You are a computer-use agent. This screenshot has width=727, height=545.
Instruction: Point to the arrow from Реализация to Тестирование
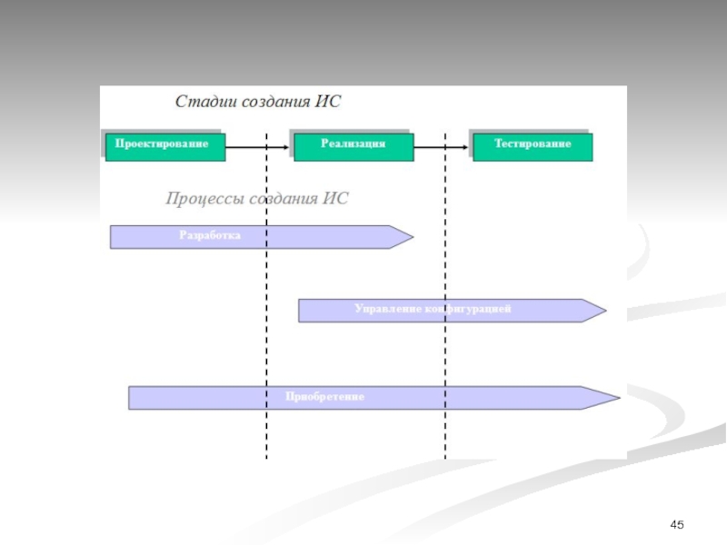pyautogui.click(x=441, y=146)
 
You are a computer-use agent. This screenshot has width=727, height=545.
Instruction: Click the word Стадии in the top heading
pyautogui.click(x=202, y=102)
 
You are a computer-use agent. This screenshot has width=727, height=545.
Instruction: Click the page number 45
pyautogui.click(x=676, y=526)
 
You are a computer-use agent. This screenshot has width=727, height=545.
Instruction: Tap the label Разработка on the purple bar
pyautogui.click(x=210, y=234)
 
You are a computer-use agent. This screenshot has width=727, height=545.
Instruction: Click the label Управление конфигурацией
pyautogui.click(x=433, y=310)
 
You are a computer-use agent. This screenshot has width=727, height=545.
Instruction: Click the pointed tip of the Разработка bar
pyautogui.click(x=411, y=237)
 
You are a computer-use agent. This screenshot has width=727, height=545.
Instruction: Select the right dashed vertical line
pyautogui.click(x=445, y=363)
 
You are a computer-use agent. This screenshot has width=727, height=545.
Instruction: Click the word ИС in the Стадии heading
pyautogui.click(x=328, y=102)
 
